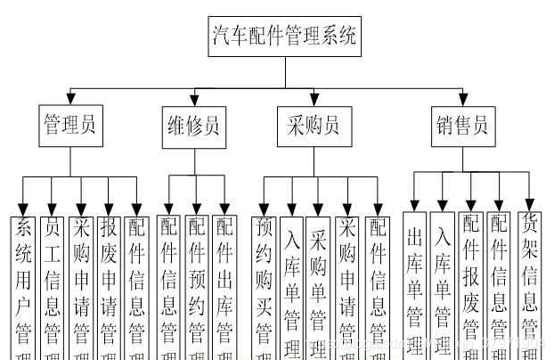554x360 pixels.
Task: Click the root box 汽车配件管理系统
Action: [284, 37]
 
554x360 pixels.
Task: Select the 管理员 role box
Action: [71, 127]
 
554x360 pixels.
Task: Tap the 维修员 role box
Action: [193, 127]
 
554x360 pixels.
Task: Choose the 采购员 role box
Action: [314, 127]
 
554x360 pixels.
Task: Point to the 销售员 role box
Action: [461, 127]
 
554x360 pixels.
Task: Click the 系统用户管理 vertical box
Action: [24, 285]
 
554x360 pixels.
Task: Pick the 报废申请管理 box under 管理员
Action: [109, 285]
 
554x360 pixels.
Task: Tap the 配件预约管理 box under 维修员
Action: [196, 285]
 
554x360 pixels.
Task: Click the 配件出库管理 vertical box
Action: [224, 285]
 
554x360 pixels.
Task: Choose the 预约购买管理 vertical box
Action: [264, 285]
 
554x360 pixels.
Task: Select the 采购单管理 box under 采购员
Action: [318, 285]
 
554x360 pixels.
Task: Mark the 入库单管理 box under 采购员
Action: [291, 285]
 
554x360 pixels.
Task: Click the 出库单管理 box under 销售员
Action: [414, 285]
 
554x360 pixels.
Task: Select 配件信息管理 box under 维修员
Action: [168, 285]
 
